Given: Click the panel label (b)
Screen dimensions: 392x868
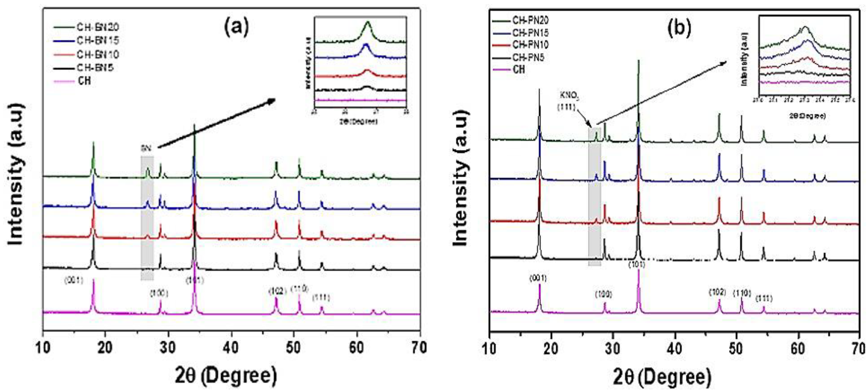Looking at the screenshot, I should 679,28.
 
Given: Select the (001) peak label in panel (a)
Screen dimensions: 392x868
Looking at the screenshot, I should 74,280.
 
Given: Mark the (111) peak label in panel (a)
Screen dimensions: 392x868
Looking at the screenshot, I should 321,298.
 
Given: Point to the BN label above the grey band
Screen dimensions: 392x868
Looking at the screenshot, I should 146,148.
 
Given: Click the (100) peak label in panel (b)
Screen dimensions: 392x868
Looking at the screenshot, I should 603,295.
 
